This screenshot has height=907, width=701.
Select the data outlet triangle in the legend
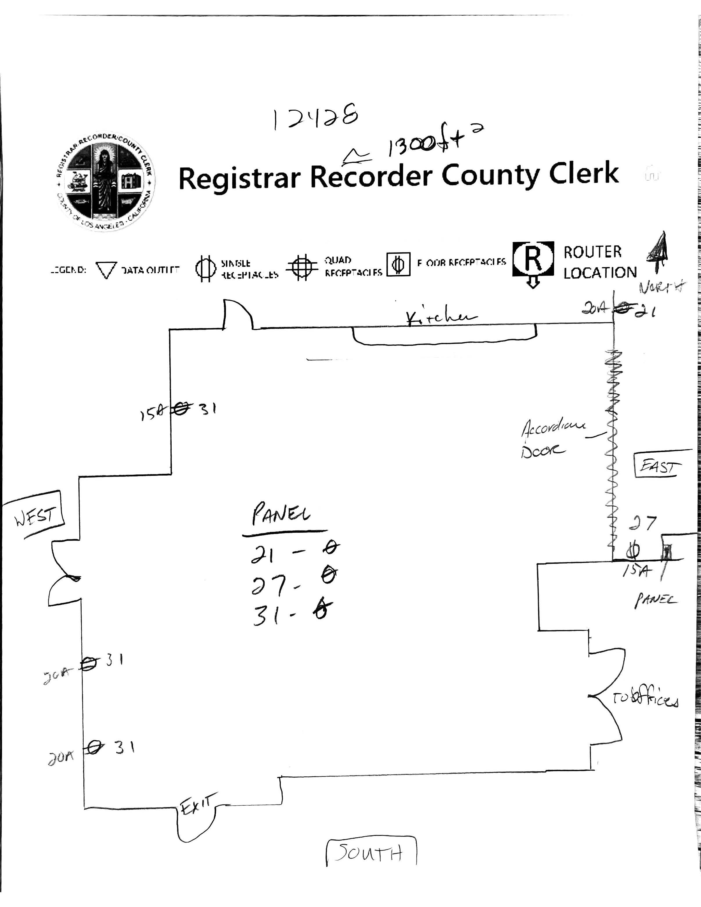pyautogui.click(x=106, y=270)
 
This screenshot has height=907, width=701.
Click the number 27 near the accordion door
pyautogui.click(x=642, y=523)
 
